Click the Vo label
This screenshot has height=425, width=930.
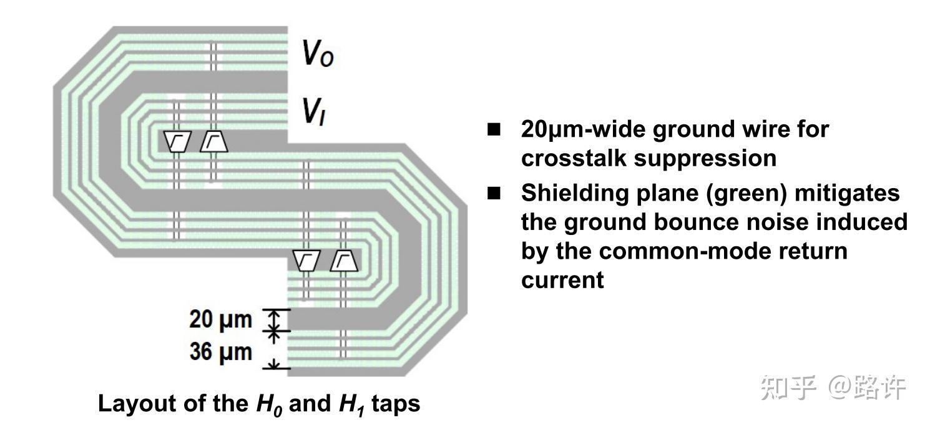tap(318, 55)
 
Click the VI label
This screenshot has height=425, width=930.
tap(312, 112)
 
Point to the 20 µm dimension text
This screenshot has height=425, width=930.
tap(220, 320)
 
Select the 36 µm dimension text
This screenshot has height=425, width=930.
tap(220, 352)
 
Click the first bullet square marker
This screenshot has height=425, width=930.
tap(494, 130)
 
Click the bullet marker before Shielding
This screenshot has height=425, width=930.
tap(494, 194)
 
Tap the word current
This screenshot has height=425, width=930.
tap(562, 279)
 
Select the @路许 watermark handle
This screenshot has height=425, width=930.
tap(866, 389)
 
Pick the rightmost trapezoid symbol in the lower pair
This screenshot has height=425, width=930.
tap(345, 260)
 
